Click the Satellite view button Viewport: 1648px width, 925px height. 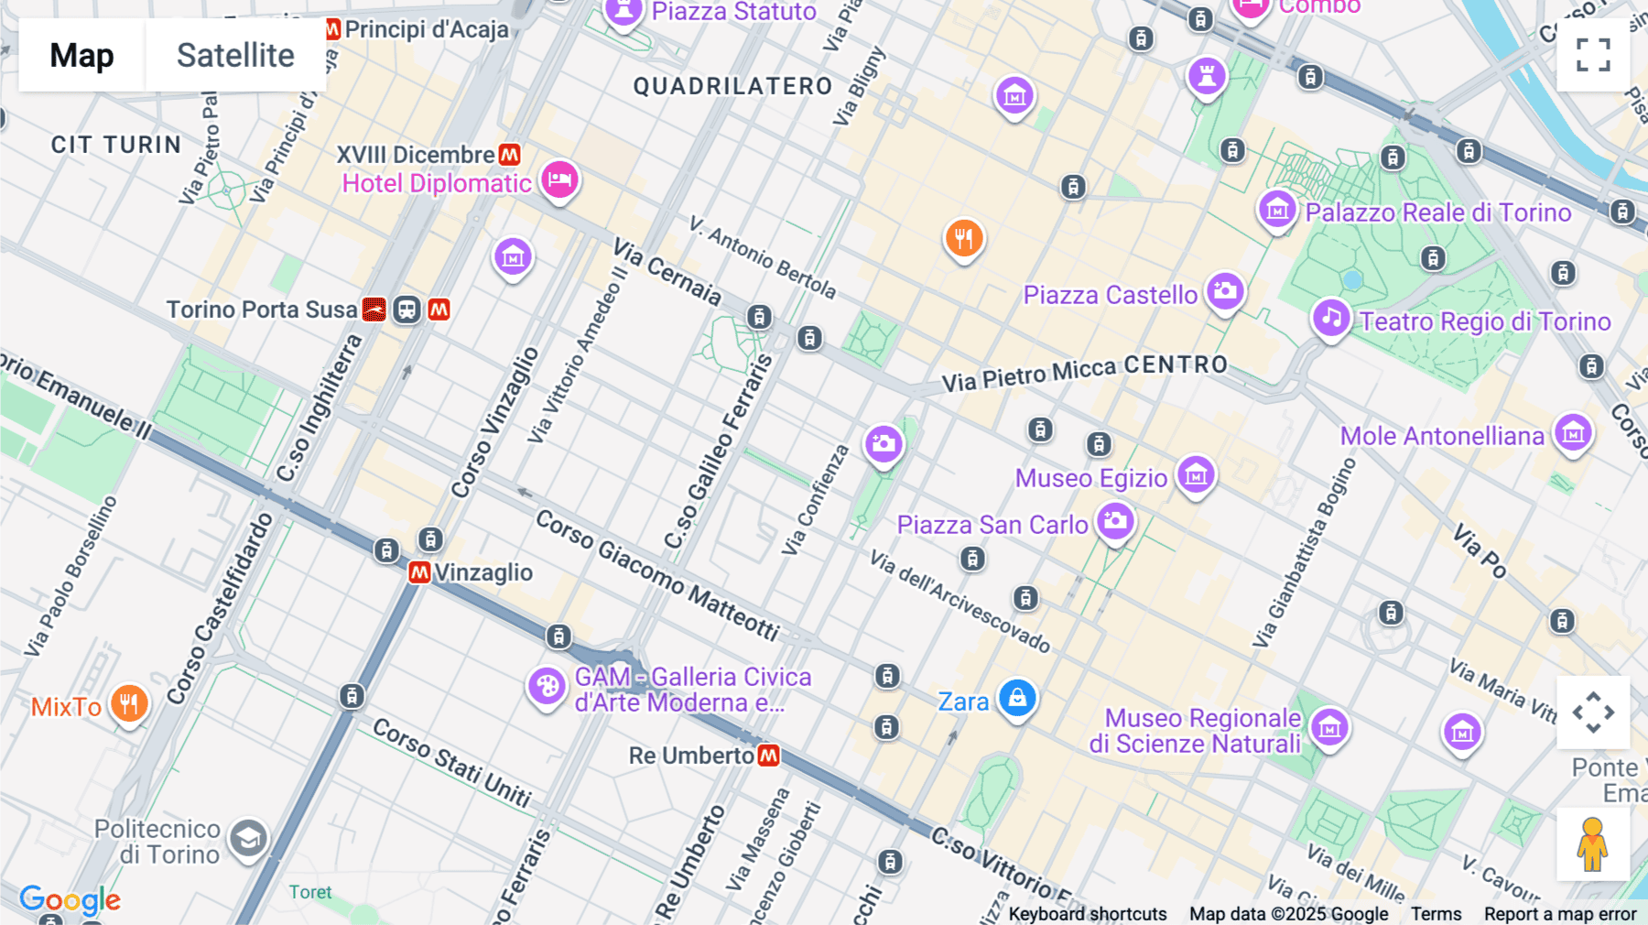tap(235, 55)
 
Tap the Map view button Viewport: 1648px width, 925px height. tap(81, 55)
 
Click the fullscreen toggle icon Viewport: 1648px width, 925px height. tap(1593, 55)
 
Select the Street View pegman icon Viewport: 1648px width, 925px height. tap(1593, 843)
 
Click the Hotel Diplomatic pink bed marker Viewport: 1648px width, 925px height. tap(559, 179)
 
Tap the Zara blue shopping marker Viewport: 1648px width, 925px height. tap(1017, 698)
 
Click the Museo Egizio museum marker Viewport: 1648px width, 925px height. tap(1196, 474)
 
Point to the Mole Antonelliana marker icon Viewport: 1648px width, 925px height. tap(1573, 432)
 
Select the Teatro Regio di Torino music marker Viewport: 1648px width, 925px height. tap(1331, 318)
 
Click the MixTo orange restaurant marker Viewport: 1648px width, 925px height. tap(129, 703)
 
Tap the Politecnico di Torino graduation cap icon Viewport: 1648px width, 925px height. tap(248, 838)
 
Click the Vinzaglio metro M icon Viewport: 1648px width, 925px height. tap(419, 573)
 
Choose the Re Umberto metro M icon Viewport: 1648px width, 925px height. tap(769, 756)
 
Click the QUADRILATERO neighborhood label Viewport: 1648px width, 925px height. tap(732, 86)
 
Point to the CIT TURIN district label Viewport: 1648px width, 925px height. tap(116, 145)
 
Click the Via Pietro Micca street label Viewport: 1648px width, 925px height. tap(1029, 374)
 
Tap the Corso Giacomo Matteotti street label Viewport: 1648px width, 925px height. tap(656, 574)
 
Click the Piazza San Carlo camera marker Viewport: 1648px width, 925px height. tap(1115, 521)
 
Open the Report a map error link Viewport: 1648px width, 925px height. tap(1560, 914)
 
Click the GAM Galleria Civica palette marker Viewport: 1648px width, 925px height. tap(547, 686)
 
